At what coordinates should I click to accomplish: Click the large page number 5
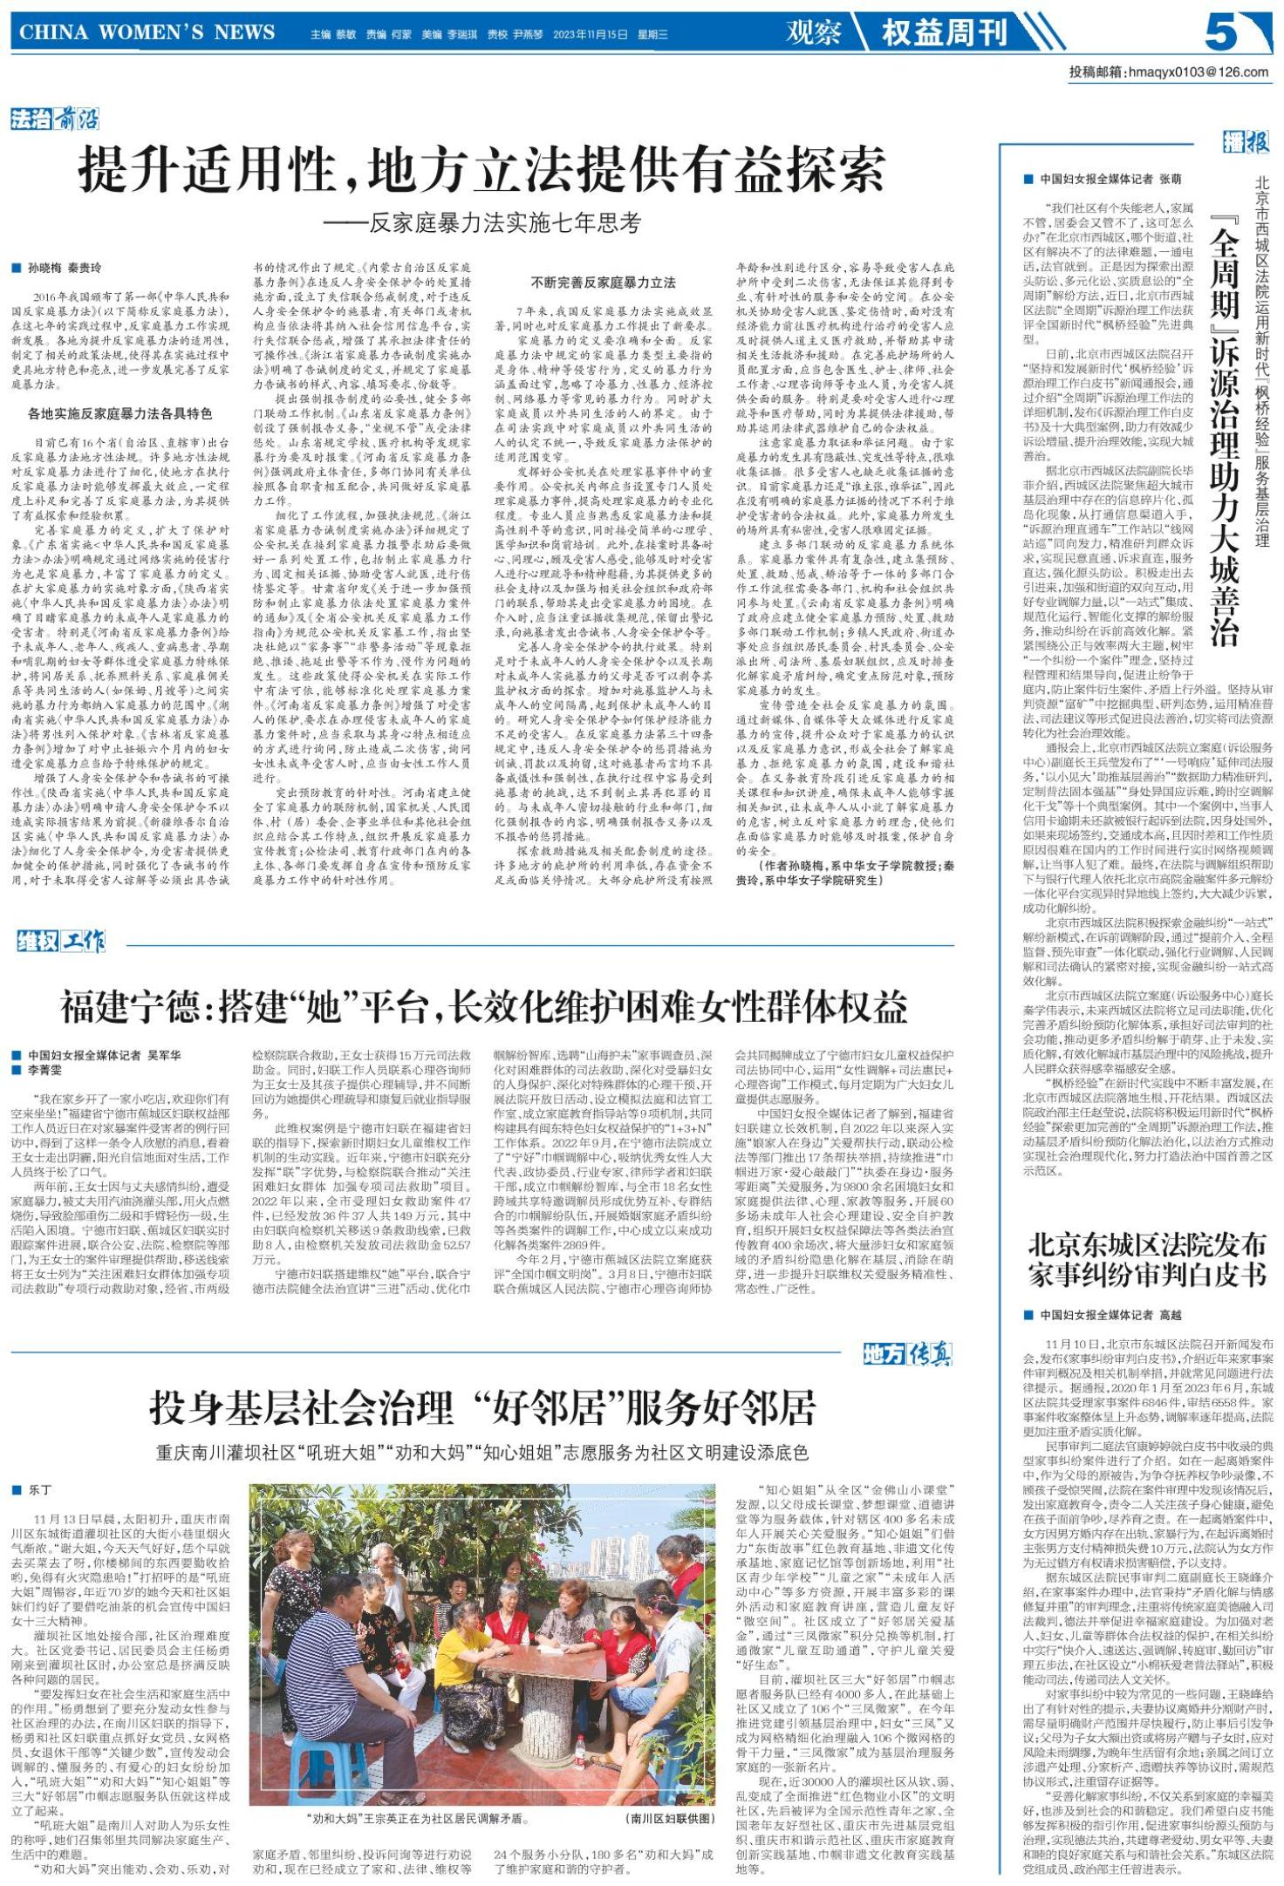click(x=1222, y=33)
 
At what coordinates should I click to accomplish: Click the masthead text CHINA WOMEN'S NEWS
click(x=147, y=33)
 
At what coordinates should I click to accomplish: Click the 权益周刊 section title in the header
click(x=944, y=33)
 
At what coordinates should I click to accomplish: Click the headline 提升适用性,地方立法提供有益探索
click(x=481, y=170)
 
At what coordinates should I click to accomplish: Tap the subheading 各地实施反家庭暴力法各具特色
click(x=120, y=413)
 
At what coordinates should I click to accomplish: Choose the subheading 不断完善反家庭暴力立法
click(x=603, y=282)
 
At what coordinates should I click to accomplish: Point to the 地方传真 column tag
click(x=907, y=1354)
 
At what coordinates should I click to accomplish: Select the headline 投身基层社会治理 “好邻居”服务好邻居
click(x=481, y=1407)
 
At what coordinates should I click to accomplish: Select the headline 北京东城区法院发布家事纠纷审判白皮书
click(x=1146, y=1260)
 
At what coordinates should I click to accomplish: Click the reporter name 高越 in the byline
click(x=1170, y=1315)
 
